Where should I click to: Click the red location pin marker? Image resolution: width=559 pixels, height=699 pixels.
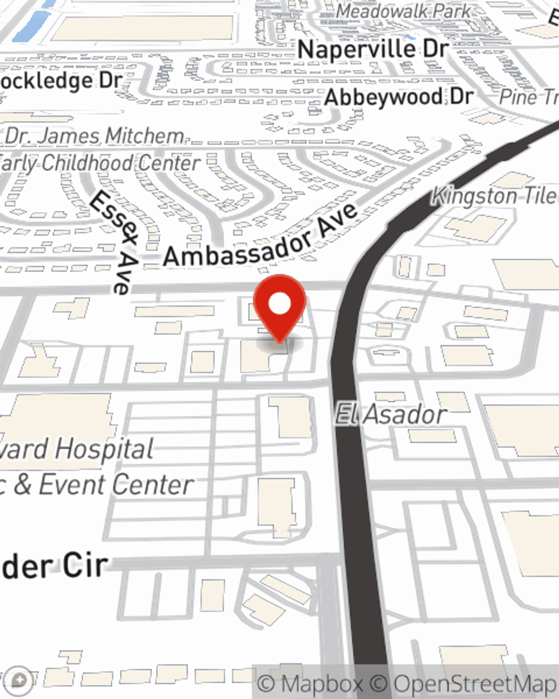[279, 307]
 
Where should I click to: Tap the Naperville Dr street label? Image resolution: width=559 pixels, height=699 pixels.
[373, 49]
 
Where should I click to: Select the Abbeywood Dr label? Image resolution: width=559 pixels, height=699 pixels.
[399, 97]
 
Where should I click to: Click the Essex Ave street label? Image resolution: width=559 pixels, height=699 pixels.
[114, 242]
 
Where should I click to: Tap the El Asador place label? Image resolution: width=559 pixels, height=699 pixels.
[391, 415]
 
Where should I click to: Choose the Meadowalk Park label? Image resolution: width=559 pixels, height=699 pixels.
[404, 11]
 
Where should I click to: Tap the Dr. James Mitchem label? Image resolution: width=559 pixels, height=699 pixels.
[94, 136]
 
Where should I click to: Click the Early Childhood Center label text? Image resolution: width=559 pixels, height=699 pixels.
[100, 163]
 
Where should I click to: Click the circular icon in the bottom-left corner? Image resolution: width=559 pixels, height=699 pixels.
[19, 679]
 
